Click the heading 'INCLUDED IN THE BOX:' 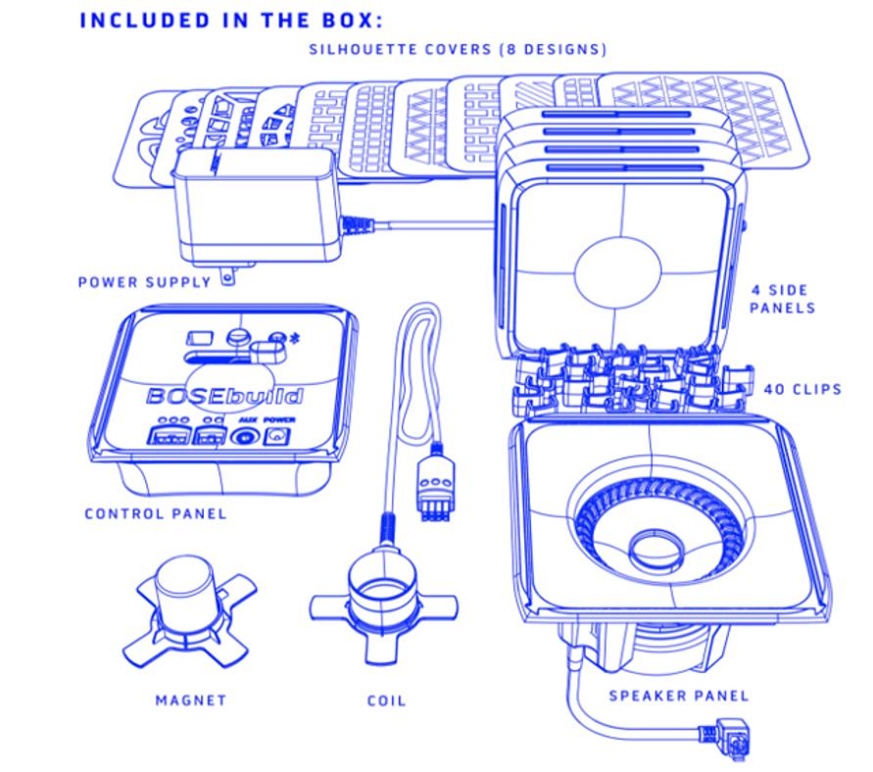coord(231,20)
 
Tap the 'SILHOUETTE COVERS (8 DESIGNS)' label coord(458,49)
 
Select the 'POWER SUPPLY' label coord(144,282)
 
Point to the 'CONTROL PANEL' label coord(156,513)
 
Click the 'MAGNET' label coord(191,700)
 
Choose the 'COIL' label coord(386,700)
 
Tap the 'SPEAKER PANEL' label coord(679,696)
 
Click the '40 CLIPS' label coord(802,389)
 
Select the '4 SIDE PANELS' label coord(782,299)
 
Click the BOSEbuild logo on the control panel coord(224,396)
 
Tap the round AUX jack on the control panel coord(244,436)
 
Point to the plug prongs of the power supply coord(227,274)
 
